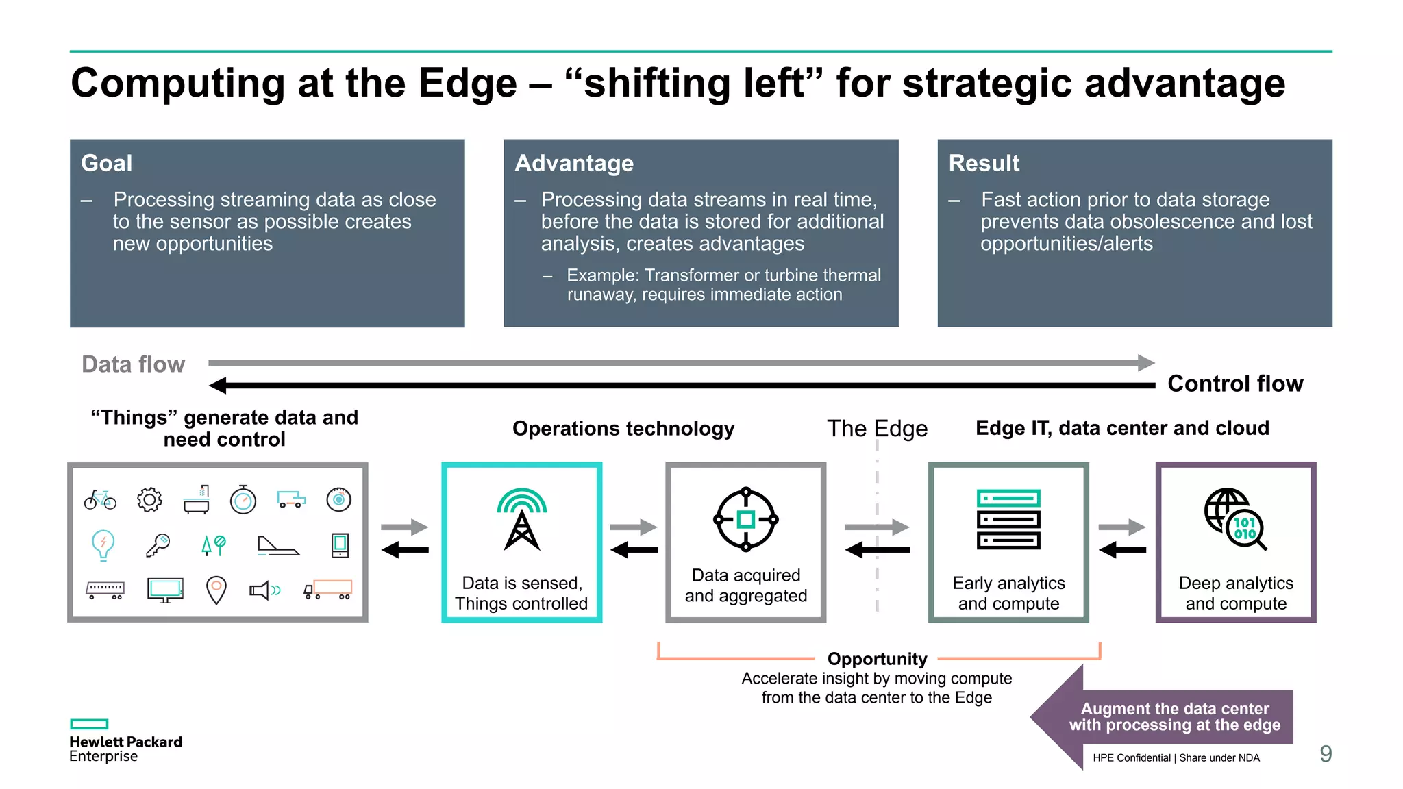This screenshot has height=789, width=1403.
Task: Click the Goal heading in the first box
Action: click(106, 163)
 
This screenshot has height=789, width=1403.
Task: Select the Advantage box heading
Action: click(573, 163)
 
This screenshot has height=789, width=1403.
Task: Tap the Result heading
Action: click(983, 163)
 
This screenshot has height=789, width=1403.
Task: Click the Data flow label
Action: click(133, 364)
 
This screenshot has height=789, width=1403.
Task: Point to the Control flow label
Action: click(1234, 384)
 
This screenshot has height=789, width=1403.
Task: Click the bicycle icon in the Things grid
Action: click(100, 500)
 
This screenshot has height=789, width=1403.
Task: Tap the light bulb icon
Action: click(103, 545)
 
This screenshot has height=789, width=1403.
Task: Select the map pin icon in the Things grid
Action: click(216, 590)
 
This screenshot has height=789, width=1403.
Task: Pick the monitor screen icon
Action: click(165, 590)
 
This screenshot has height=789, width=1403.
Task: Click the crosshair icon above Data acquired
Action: click(745, 519)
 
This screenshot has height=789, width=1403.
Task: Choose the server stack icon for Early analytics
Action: click(1008, 519)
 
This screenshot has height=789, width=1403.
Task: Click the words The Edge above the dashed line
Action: click(877, 428)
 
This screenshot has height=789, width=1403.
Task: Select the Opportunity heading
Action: click(877, 659)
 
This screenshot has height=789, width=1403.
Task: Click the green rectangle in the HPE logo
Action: click(89, 724)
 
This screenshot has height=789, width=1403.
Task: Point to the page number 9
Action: click(1326, 754)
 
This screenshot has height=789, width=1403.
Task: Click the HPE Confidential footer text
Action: click(1176, 757)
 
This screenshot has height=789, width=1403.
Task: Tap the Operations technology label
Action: click(623, 428)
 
